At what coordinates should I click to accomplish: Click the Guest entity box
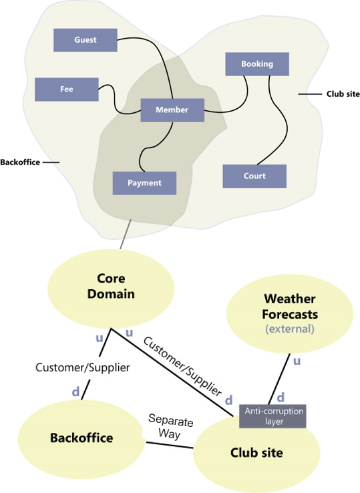85,40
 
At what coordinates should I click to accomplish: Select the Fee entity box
67,90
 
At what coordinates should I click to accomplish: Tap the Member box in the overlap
172,110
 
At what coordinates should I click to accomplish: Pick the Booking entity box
257,64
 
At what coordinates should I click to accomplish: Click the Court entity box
254,176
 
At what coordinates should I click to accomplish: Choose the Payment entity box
145,183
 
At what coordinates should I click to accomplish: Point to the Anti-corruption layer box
273,416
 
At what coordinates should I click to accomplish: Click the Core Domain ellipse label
111,286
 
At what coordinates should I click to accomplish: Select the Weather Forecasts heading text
290,307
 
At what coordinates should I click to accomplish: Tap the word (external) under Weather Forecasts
290,329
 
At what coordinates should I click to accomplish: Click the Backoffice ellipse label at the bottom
81,438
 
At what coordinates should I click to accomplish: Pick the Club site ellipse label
256,453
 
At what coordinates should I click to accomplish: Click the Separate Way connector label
170,426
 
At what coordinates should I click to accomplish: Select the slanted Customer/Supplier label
183,367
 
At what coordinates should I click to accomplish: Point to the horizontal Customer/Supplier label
83,367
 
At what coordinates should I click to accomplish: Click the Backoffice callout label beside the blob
20,162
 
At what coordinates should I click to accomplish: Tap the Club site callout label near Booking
343,94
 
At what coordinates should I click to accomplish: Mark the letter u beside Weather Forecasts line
297,361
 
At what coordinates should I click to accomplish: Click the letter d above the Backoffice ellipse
75,391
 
